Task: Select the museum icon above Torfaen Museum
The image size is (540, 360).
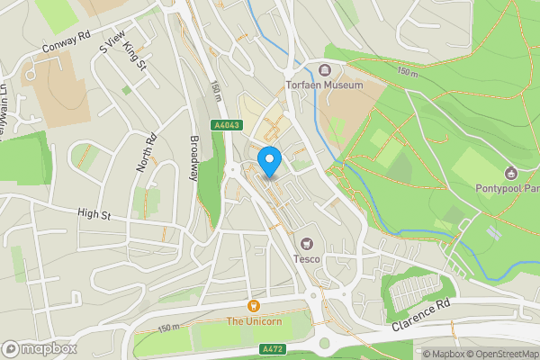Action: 325,69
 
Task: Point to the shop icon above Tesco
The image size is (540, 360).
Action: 306,243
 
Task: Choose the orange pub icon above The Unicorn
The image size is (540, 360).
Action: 254,307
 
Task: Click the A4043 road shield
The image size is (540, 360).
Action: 228,126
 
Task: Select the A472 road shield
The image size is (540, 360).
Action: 272,348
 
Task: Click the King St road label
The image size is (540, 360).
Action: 135,56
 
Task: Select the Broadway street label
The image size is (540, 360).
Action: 193,157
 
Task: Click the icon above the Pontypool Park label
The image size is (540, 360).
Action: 510,174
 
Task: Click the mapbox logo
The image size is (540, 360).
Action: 40,348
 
